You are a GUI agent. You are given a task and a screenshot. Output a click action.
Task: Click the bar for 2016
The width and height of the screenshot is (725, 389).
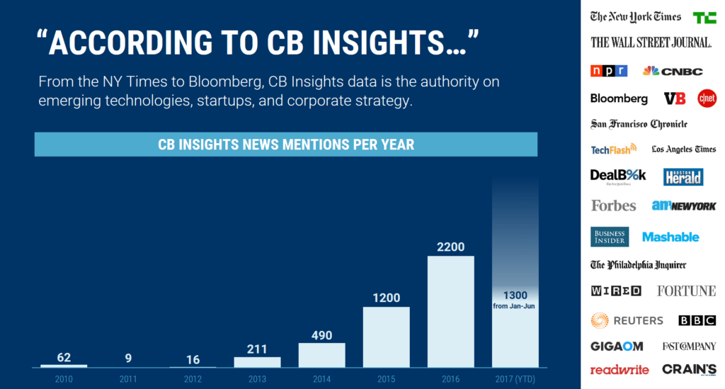450,311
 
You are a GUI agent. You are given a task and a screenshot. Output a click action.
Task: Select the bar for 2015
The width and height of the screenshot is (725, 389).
386,337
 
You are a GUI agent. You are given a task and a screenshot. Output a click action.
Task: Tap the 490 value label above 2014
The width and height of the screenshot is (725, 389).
321,334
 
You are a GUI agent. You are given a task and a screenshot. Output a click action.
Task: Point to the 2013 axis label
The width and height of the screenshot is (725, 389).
257,378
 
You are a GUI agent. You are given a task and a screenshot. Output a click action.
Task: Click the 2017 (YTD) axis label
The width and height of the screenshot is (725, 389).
515,378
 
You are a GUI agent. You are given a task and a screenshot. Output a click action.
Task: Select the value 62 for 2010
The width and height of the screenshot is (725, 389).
64,357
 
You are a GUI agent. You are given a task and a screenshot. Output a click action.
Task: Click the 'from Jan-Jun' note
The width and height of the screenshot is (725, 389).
515,306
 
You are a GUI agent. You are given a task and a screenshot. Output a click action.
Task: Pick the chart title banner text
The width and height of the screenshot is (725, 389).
285,145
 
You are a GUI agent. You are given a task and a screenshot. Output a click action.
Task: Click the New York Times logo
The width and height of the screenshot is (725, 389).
636,17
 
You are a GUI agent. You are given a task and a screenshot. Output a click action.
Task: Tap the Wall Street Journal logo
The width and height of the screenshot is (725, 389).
651,42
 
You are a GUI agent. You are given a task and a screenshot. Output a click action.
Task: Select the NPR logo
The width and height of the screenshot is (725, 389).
609,71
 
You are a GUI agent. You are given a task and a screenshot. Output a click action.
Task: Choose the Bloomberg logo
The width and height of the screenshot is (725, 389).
619,98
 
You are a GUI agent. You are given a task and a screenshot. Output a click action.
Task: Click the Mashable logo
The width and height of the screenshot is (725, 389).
670,237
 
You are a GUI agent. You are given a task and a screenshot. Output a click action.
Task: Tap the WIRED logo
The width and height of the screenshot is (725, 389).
616,291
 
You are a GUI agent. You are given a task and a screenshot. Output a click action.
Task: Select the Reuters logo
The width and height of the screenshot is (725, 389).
627,320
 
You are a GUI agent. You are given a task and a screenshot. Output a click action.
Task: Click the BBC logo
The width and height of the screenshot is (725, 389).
697,320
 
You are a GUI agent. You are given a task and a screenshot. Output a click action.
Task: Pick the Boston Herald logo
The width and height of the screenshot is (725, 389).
683,176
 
